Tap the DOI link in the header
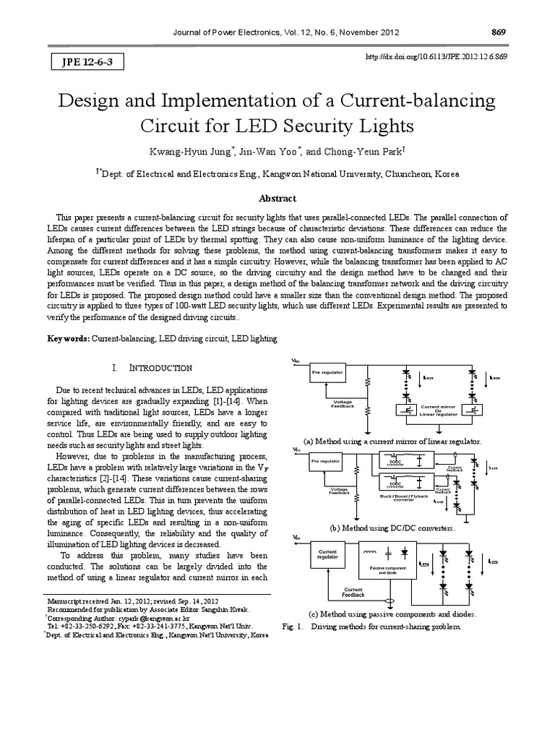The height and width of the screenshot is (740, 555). (x=448, y=56)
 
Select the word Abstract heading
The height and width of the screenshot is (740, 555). (x=277, y=198)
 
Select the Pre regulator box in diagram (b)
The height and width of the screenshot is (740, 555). (x=327, y=461)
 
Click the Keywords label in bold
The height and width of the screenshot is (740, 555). (x=69, y=338)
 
